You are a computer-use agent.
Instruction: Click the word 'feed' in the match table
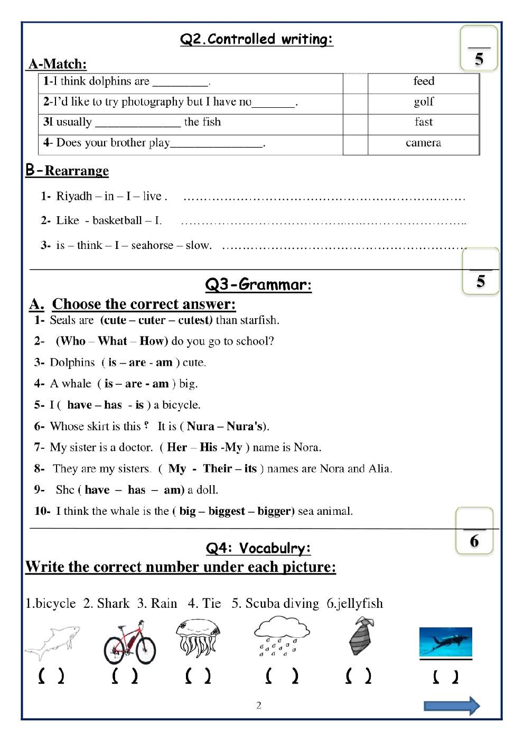424,81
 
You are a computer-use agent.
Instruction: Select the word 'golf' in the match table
424,101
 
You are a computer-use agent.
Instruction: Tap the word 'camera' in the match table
423,143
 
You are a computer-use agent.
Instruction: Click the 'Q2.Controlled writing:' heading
257,39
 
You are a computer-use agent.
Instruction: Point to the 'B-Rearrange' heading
67,170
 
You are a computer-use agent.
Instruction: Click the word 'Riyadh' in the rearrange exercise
74,196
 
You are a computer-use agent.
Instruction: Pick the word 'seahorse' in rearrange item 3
152,245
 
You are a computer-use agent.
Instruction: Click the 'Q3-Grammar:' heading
258,284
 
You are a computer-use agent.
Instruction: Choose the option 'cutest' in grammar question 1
194,320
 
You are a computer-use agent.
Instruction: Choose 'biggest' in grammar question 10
227,511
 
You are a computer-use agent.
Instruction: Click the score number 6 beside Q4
474,541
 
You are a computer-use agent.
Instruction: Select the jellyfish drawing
198,638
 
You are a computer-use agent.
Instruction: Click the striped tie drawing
362,636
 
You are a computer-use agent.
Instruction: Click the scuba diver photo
445,642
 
